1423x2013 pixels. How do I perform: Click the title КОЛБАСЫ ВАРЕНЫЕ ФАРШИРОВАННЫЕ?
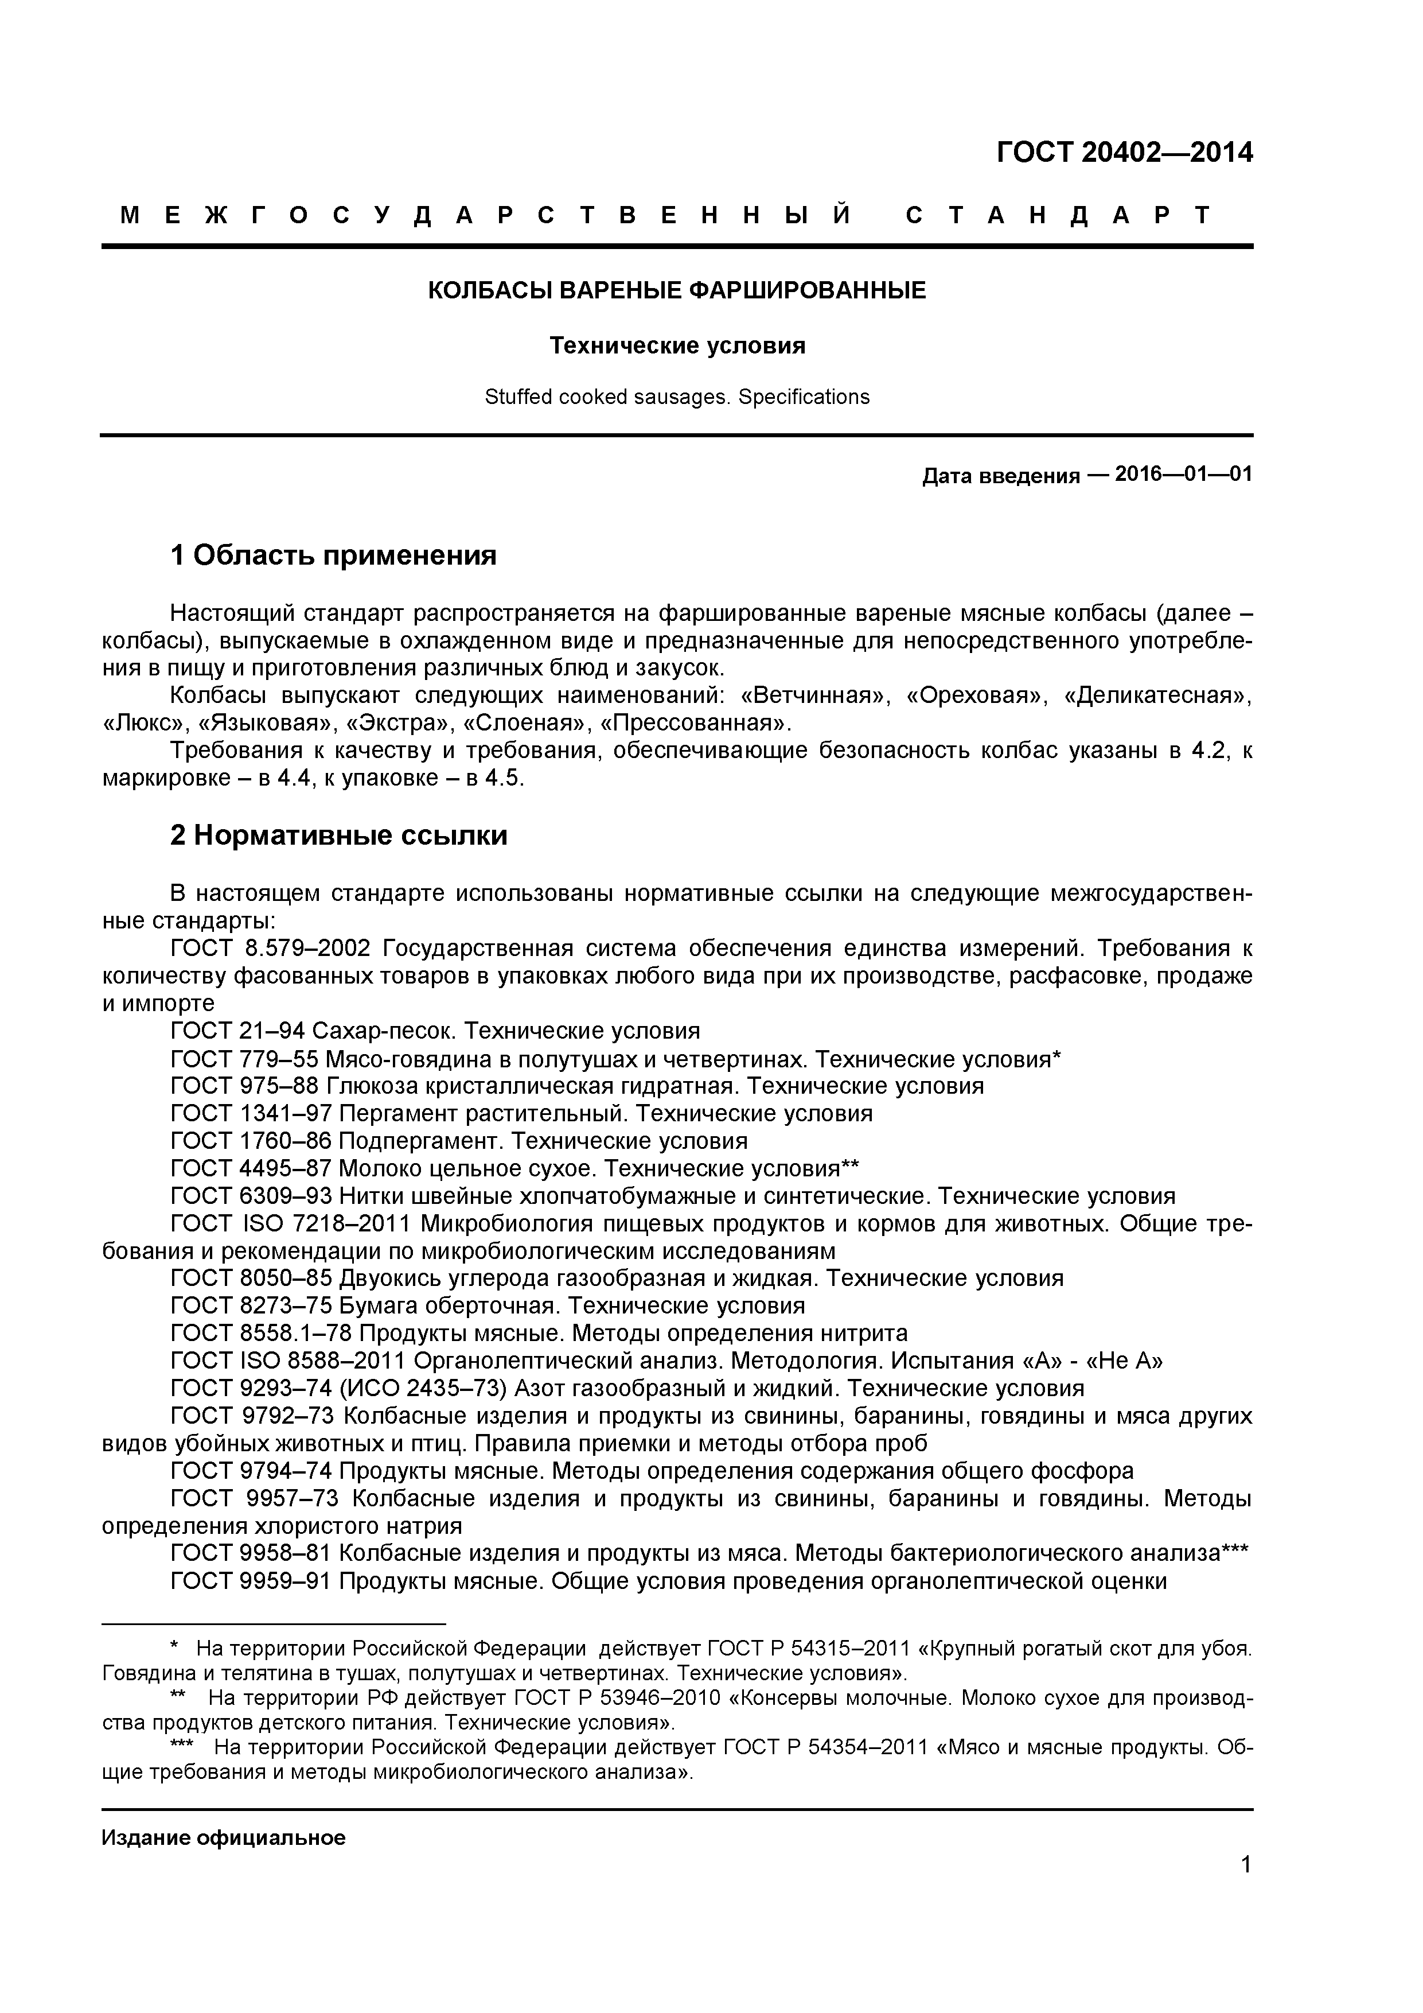676,290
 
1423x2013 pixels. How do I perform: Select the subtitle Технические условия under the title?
676,347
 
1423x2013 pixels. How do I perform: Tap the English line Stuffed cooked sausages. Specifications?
676,397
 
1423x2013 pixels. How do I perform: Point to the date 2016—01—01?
1183,475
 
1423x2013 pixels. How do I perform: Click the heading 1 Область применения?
333,555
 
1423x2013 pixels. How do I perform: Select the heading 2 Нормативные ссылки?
338,835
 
